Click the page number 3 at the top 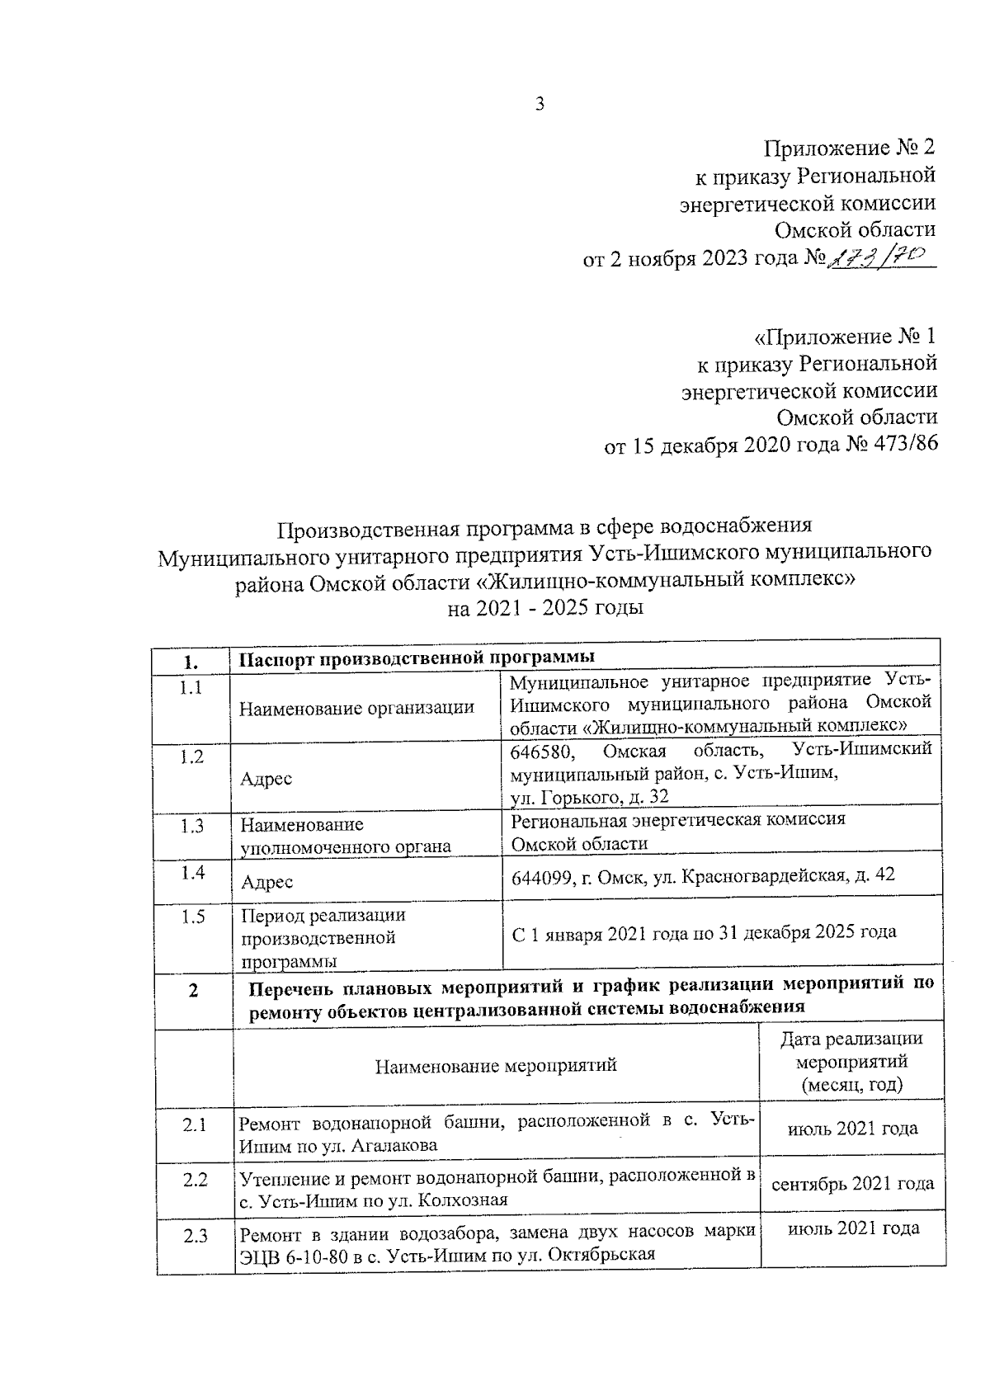[x=540, y=104]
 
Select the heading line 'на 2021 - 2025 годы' [x=544, y=609]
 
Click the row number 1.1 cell [x=191, y=688]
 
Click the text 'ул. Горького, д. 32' [x=589, y=796]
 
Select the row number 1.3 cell [x=191, y=826]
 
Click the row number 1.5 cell [x=191, y=917]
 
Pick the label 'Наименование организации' [x=356, y=707]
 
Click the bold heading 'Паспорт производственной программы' [x=417, y=658]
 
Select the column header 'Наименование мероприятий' [x=496, y=1065]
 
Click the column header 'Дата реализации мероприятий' [x=851, y=1061]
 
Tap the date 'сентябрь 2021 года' [x=852, y=1184]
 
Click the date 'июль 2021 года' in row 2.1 [x=852, y=1128]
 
